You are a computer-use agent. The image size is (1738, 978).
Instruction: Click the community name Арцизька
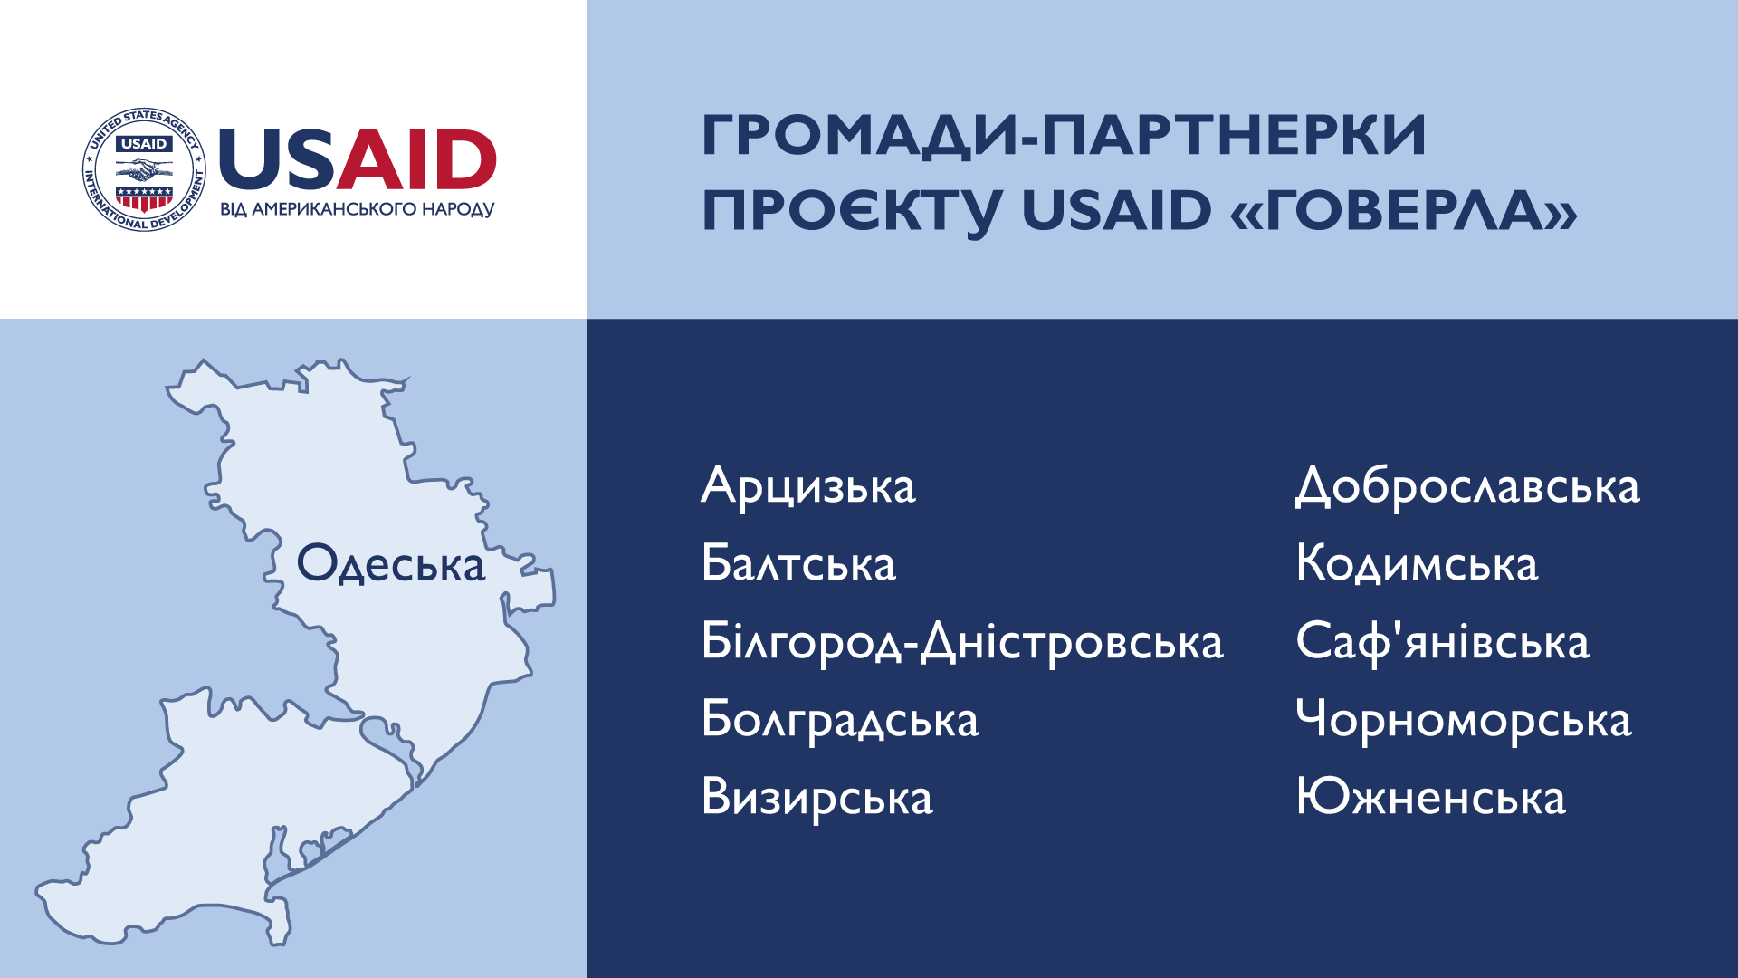coord(808,486)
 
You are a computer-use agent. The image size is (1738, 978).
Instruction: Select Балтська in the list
coord(798,562)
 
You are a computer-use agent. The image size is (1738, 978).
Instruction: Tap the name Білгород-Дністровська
coord(962,642)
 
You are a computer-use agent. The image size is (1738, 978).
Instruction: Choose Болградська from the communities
coord(840,720)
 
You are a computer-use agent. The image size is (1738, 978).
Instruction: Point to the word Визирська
coord(817,798)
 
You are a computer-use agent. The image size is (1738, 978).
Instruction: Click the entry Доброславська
coord(1467,486)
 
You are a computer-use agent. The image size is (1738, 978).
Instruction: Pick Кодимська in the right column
coord(1417,562)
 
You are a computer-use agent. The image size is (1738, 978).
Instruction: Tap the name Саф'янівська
coord(1442,642)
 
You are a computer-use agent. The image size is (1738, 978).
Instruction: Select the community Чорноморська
coord(1464,720)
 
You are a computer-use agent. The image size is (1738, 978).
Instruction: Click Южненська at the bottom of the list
coord(1431,798)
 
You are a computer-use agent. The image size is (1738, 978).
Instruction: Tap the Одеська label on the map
coord(391,563)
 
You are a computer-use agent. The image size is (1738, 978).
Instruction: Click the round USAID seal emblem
coord(145,169)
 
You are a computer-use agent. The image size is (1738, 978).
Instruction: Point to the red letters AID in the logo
coord(416,159)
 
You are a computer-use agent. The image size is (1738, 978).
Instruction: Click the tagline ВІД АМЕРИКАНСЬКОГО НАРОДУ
coord(358,209)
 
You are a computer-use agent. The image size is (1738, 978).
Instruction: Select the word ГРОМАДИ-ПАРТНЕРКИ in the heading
coord(1064,137)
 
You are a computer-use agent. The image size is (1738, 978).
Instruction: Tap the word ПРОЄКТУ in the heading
coord(852,211)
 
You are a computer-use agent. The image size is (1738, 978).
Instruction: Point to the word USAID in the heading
coord(1116,210)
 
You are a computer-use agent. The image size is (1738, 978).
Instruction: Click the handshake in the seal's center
coord(145,169)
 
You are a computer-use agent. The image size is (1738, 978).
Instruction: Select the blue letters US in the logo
coord(277,159)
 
